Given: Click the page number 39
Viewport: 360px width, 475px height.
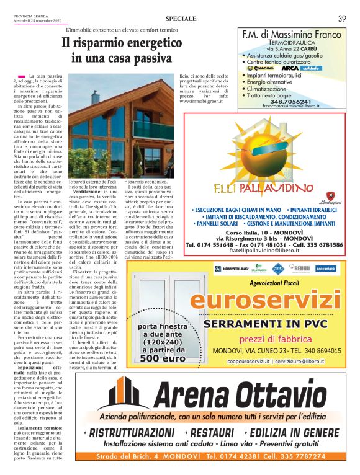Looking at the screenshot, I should (342, 19).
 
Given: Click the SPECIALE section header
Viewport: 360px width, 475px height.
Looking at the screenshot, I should (181, 19).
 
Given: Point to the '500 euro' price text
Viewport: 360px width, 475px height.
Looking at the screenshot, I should (163, 358).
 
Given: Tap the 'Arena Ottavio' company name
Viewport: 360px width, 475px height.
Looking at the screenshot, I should (235, 393).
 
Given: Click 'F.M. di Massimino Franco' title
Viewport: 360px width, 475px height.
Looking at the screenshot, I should (292, 35).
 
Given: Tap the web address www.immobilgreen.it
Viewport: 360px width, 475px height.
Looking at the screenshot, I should (202, 102).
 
